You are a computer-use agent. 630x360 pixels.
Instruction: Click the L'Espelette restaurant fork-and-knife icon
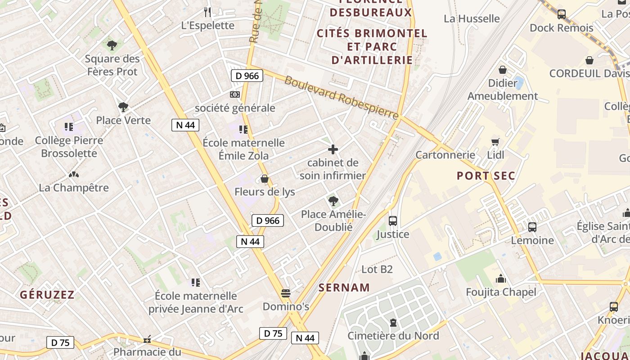(207, 12)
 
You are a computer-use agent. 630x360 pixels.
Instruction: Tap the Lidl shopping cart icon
(495, 142)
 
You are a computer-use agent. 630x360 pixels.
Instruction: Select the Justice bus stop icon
(393, 221)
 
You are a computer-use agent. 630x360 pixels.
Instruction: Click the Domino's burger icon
(285, 294)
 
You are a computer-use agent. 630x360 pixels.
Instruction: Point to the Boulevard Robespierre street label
(342, 98)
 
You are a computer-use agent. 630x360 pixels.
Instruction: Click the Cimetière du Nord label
(393, 336)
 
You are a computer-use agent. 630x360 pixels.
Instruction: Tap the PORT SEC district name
(486, 175)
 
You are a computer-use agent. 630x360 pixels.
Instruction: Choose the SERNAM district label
(344, 288)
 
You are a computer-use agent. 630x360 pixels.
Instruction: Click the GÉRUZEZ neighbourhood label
(47, 295)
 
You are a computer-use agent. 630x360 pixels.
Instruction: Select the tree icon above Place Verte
(123, 107)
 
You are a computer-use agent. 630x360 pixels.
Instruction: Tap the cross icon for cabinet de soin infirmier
(333, 149)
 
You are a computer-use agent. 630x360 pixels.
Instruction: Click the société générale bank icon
(234, 94)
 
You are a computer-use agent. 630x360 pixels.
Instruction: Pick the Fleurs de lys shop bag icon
(265, 179)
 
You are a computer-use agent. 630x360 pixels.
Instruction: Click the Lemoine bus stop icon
(532, 227)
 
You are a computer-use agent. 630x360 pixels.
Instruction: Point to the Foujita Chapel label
(501, 292)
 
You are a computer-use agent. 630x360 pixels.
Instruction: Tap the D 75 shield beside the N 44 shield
(273, 333)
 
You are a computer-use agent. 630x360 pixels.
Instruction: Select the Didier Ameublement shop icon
(503, 70)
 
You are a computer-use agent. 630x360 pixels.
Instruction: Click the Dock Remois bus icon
(562, 14)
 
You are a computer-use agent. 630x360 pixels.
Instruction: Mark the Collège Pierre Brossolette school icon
(69, 127)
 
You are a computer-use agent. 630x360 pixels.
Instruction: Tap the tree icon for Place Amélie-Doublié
(333, 201)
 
